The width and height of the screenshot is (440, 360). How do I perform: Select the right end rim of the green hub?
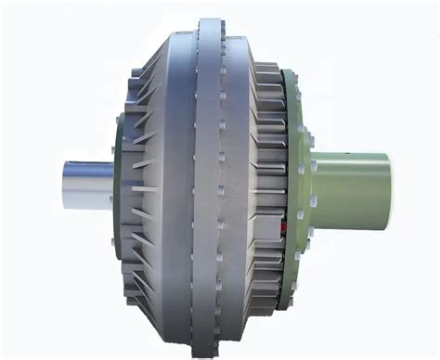tap(388, 185)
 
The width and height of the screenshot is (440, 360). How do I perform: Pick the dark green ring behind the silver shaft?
tap(118, 186)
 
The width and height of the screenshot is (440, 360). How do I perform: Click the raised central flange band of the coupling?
tap(208, 186)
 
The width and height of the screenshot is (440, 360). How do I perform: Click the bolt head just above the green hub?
tap(314, 141)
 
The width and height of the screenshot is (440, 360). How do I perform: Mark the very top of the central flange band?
tap(208, 20)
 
